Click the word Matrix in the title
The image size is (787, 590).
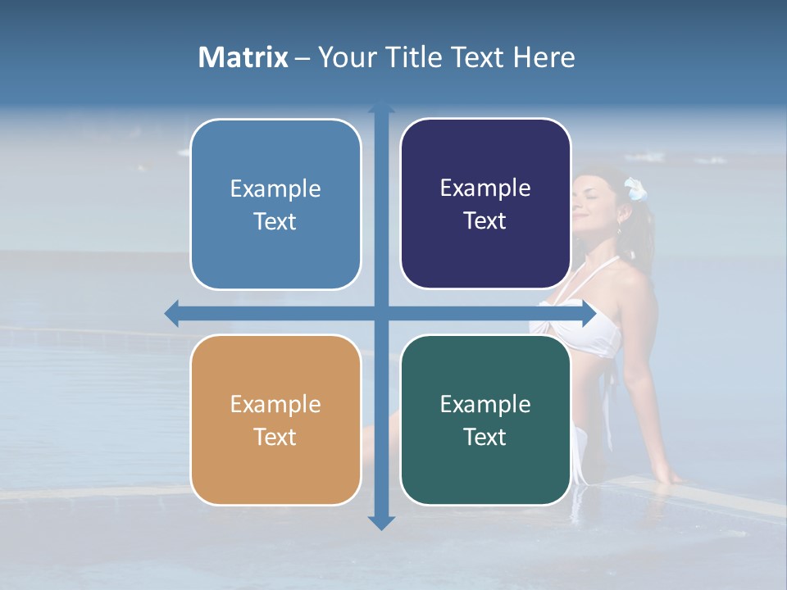tap(243, 57)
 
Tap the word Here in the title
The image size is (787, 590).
tap(544, 57)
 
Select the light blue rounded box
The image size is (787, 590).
tap(275, 205)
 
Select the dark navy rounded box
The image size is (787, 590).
tap(485, 204)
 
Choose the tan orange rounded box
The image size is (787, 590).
tap(275, 420)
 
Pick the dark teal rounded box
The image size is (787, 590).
tap(485, 420)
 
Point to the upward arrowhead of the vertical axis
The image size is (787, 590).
tap(381, 107)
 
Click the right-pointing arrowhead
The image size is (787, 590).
tap(588, 313)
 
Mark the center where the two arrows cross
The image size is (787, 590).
tap(381, 313)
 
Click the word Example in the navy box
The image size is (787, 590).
tap(485, 188)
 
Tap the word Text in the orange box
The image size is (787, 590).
tap(275, 437)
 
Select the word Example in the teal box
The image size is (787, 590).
tap(485, 404)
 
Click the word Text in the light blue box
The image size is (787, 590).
tap(275, 221)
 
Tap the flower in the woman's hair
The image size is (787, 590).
tap(635, 189)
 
